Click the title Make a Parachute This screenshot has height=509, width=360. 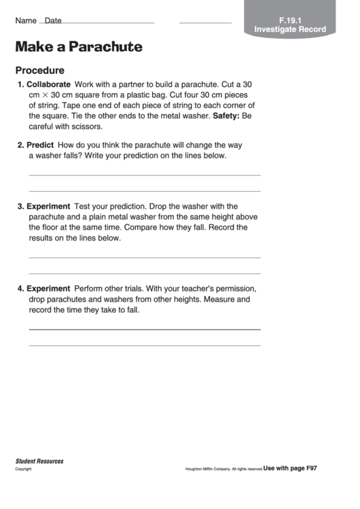pos(79,47)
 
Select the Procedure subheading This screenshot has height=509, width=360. pos(40,70)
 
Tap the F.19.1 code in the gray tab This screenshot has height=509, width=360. pos(290,20)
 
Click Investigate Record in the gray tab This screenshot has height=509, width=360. pos(290,30)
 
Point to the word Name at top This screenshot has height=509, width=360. pos(26,20)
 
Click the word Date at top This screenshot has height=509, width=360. pos(53,21)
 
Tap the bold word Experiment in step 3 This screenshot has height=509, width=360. pos(48,206)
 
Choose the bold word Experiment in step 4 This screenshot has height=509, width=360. pos(48,288)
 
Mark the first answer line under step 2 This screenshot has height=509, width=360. pos(144,175)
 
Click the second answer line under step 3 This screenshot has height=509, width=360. pos(144,273)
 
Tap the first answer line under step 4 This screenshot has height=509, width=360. pos(144,330)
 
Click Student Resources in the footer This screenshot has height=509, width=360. pos(39,461)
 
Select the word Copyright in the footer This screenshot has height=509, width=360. pos(24,469)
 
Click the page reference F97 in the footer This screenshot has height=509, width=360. pos(310,468)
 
